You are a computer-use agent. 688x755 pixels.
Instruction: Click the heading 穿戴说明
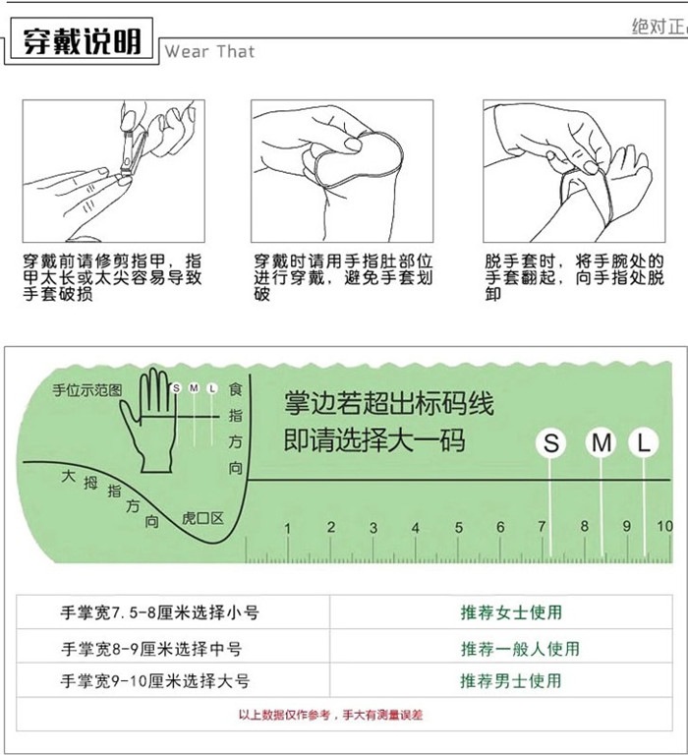pyautogui.click(x=79, y=43)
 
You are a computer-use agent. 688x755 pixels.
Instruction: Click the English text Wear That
pyautogui.click(x=209, y=51)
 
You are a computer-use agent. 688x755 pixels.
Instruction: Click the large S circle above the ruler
pyautogui.click(x=551, y=443)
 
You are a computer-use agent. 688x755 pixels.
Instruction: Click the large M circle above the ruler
pyautogui.click(x=601, y=443)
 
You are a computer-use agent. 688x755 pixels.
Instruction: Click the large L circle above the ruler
pyautogui.click(x=644, y=443)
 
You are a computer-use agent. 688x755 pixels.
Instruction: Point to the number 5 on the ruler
pyautogui.click(x=458, y=529)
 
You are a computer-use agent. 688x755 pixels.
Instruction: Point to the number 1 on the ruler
pyautogui.click(x=288, y=529)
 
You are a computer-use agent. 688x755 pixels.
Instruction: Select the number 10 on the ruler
pyautogui.click(x=664, y=527)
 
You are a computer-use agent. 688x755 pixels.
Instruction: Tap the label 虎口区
pyautogui.click(x=203, y=518)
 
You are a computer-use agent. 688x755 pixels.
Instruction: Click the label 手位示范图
pyautogui.click(x=87, y=390)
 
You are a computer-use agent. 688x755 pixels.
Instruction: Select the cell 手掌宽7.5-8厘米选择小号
pyautogui.click(x=160, y=612)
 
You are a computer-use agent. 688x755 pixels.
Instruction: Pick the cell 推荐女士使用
pyautogui.click(x=511, y=612)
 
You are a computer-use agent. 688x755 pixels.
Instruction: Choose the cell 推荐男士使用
pyautogui.click(x=511, y=680)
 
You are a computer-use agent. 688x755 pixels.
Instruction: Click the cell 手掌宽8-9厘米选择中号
pyautogui.click(x=151, y=648)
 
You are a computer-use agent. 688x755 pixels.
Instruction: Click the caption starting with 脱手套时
pyautogui.click(x=574, y=277)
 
